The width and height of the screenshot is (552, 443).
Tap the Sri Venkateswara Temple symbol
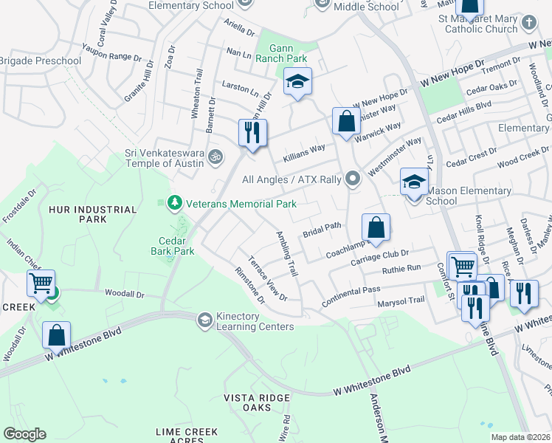(215, 157)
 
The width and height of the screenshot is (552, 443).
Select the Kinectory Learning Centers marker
(204, 320)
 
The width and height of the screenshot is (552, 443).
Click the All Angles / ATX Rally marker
(353, 179)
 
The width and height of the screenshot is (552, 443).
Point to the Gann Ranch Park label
(281, 52)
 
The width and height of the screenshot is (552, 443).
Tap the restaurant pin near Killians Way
(252, 133)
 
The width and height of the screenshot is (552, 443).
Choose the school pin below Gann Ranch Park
(297, 82)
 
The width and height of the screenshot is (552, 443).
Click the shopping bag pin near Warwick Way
(346, 122)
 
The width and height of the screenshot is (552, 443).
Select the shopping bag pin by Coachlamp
(376, 227)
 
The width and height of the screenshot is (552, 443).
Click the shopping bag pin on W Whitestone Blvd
(57, 335)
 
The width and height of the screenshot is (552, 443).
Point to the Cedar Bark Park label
(176, 246)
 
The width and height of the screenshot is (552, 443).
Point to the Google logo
(24, 434)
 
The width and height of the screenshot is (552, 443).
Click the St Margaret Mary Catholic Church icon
(528, 23)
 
